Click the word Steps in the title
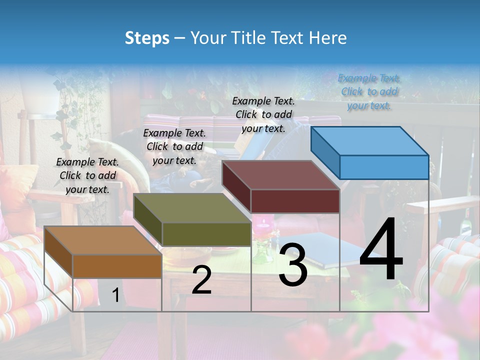tap(147, 38)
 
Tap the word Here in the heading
tap(328, 38)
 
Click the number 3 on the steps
tap(293, 265)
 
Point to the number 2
tap(201, 280)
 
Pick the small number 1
tap(116, 295)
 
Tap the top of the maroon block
tap(281, 174)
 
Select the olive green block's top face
tap(192, 207)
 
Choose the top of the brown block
tap(103, 240)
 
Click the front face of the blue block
tap(384, 167)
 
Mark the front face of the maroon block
tap(295, 201)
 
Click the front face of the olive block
tap(206, 234)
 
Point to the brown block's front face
tap(117, 266)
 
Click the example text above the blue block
tap(369, 91)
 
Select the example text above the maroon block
tap(263, 114)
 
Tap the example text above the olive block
tap(174, 146)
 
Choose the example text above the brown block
tap(87, 175)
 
